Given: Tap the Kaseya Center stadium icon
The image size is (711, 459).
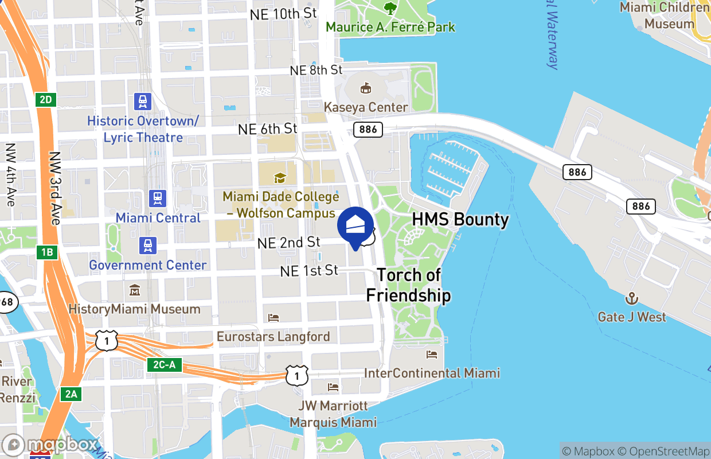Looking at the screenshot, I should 365,88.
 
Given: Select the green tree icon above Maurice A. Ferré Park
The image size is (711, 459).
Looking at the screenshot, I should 390,9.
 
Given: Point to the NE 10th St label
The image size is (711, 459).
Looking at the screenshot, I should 283,14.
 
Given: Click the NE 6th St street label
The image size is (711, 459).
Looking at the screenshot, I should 268,129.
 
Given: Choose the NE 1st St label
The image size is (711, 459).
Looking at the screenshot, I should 309,270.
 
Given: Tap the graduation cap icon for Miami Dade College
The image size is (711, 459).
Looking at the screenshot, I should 280,178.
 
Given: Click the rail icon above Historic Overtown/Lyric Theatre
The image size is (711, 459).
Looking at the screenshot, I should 143,102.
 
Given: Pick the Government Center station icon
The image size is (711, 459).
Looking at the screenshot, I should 149,246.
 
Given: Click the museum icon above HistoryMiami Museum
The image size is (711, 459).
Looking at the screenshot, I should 135,290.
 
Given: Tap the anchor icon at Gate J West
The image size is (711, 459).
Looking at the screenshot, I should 632,298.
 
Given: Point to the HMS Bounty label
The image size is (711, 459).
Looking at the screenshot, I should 460,219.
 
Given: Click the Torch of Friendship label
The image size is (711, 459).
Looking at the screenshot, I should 408,285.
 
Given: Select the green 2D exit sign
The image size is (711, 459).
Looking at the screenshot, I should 46,100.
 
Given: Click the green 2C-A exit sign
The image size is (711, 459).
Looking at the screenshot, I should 165,364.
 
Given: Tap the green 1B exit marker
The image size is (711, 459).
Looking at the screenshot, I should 46,252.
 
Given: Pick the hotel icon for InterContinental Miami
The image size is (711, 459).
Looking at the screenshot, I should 432,355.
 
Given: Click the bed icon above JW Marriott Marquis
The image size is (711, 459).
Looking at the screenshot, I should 333,387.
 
